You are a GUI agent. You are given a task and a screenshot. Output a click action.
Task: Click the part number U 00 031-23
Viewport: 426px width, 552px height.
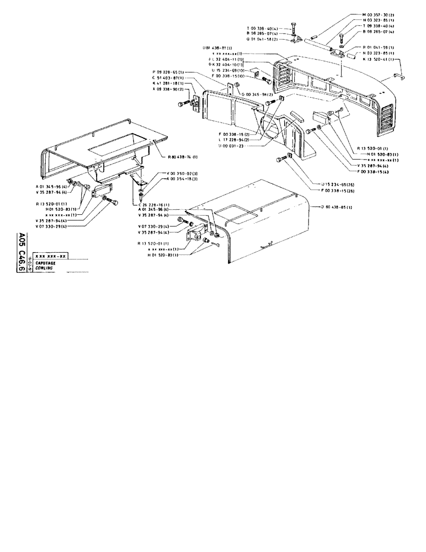click(232, 146)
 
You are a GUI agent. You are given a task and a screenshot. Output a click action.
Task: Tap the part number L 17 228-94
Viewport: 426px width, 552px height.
click(234, 140)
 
